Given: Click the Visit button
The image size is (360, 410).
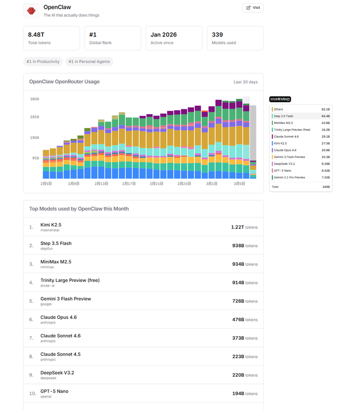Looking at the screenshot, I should (253, 8).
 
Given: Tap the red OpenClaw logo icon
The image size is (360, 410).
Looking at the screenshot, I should (31, 11).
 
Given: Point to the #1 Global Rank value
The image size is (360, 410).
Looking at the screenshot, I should (93, 34).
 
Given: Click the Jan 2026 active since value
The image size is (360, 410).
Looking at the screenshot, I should (163, 34).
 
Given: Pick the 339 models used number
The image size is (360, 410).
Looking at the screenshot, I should (218, 34).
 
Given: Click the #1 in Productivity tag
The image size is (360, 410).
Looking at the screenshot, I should (43, 62).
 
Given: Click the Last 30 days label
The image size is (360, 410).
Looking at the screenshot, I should (245, 82).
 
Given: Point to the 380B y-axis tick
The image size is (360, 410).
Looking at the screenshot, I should (34, 99).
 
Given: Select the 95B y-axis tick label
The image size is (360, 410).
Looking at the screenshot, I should (35, 158).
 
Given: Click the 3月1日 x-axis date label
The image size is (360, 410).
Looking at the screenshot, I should (212, 183).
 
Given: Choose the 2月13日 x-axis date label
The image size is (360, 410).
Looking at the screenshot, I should (103, 183).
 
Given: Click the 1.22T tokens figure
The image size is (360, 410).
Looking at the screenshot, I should (244, 227).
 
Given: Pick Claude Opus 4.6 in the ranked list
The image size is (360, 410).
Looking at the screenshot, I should (58, 317).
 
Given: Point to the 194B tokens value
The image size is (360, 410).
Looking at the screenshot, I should (245, 394).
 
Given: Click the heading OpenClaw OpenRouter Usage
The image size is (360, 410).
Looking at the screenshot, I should (64, 82).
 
